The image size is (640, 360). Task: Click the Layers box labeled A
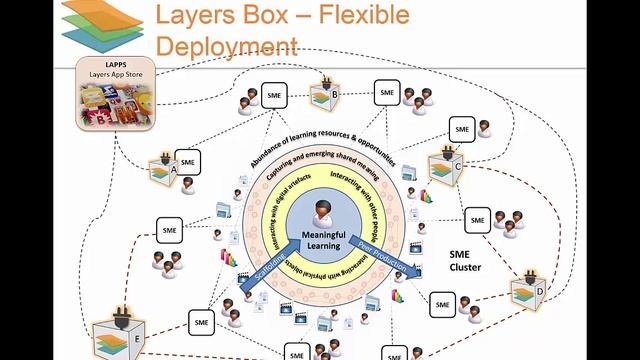pos(161,172)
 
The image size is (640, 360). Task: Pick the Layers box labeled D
pos(526,293)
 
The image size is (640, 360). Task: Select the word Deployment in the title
pos(227,45)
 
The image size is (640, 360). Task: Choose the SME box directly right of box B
pos(388,92)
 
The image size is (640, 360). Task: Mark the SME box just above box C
pos(461,130)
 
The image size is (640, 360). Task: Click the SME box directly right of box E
pos(202,323)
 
